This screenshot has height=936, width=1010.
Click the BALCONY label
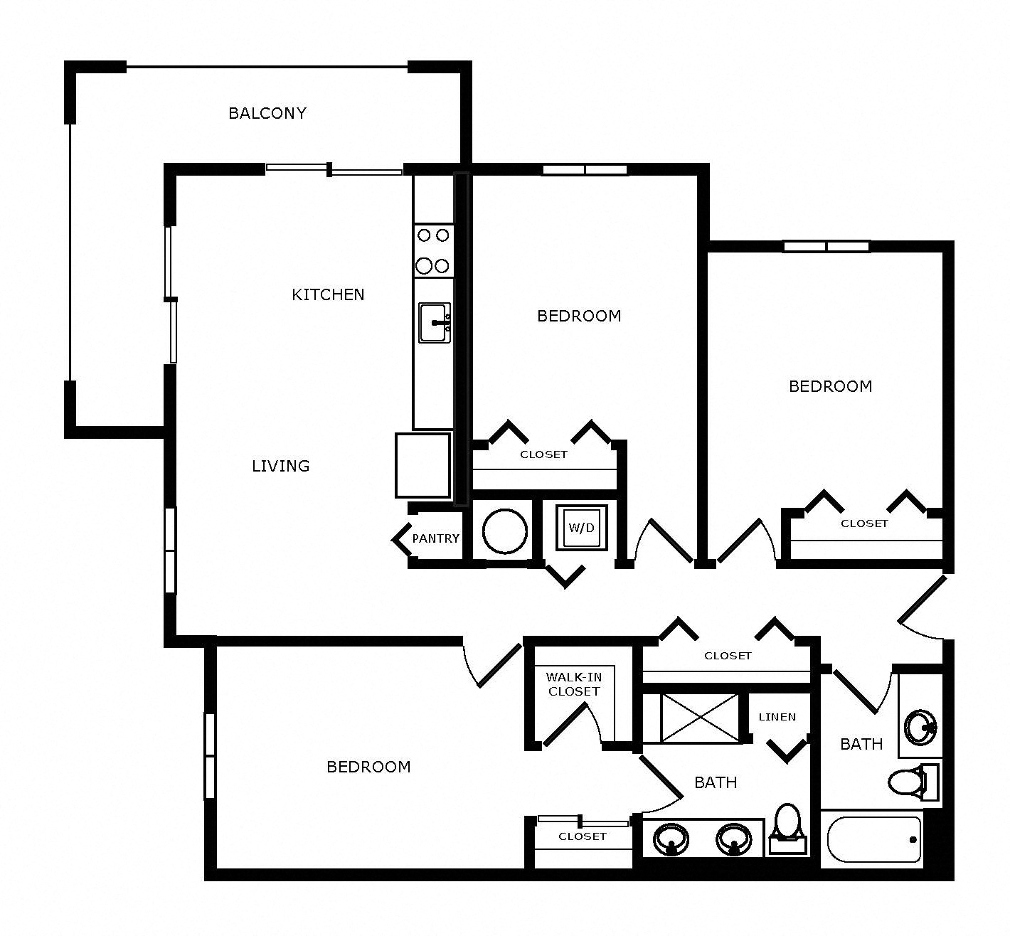pos(267,113)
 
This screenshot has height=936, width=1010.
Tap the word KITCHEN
pos(328,294)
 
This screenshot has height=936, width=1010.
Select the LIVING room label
pos(281,466)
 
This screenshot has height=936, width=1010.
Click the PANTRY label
pos(435,538)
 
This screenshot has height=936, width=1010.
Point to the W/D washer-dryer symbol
pos(581,528)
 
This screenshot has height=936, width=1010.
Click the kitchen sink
pos(434,323)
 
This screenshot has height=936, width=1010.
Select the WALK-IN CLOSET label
pos(573,684)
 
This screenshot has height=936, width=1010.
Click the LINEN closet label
pos(777,717)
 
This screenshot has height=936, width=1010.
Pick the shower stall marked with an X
pos(699,718)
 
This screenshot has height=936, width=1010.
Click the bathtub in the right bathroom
pos(874,840)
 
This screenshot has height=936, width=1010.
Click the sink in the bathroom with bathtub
pos(920,727)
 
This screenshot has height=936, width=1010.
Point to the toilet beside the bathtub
pos(907,782)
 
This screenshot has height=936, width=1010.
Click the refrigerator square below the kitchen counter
pos(423,465)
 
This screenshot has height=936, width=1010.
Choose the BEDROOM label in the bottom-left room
pos(368,767)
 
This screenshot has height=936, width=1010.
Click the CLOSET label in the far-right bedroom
pos(864,523)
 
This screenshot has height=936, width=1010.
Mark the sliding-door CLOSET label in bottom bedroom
pos(583,836)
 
